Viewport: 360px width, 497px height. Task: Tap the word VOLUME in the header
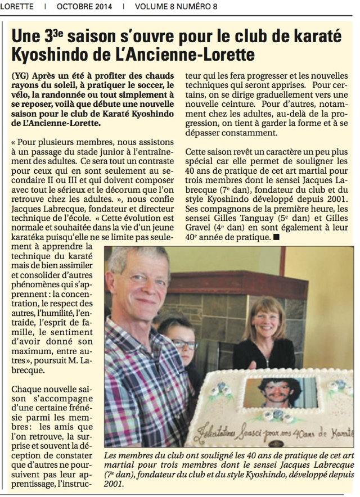(154, 7)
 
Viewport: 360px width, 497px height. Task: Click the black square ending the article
(276, 238)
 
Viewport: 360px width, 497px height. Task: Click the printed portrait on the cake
(281, 392)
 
